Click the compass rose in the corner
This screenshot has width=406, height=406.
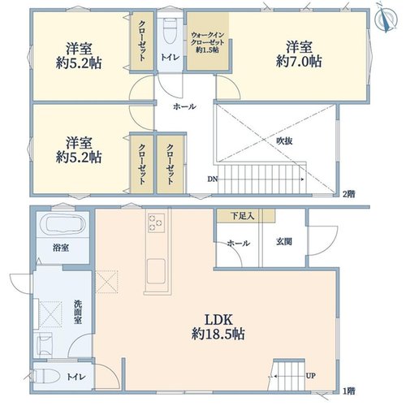coord(387,19)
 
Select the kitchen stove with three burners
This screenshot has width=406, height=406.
coord(156,222)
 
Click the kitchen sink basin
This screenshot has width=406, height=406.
coord(156,271)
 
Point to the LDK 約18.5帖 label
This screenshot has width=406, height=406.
coord(218,327)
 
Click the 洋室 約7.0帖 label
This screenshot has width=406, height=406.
coord(299,54)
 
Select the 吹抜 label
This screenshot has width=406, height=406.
coord(284,141)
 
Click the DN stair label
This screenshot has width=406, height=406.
coord(213,179)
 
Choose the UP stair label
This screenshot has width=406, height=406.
coord(310,376)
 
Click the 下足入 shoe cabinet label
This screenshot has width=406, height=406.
coord(242,216)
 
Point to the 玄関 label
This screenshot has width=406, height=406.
coord(284,241)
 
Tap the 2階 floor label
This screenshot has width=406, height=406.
coord(349,194)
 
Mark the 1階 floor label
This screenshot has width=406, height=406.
coord(349,391)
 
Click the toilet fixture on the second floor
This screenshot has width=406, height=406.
coord(171,31)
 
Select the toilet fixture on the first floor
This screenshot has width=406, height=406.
coord(46,376)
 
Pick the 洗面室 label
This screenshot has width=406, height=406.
coord(78,312)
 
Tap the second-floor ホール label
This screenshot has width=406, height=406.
coord(184,106)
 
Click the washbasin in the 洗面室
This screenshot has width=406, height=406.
coord(45,344)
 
